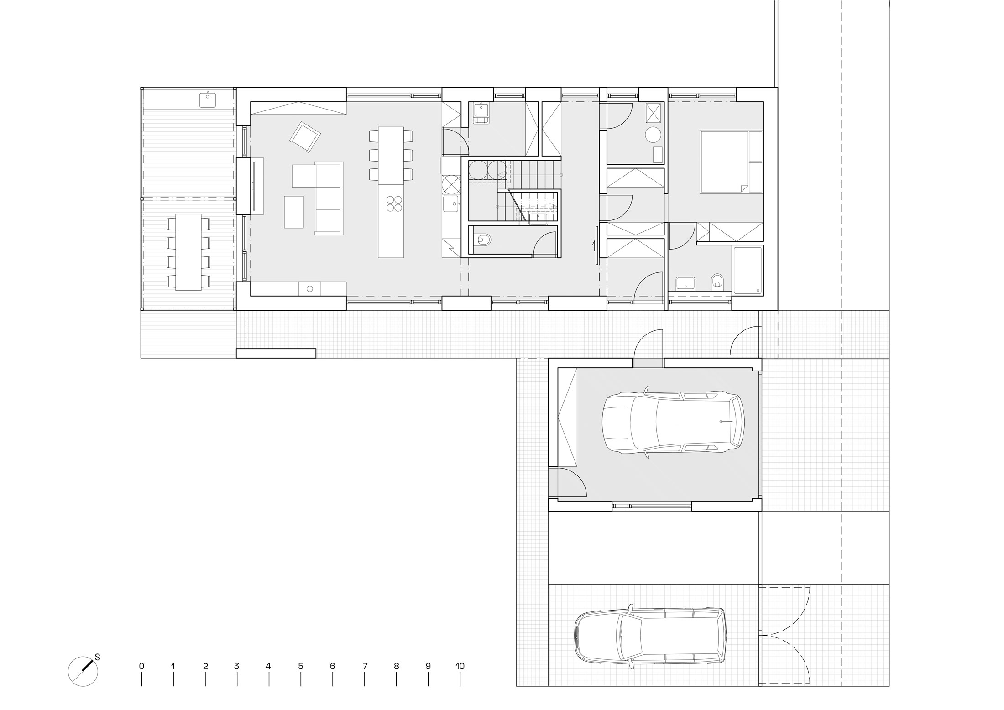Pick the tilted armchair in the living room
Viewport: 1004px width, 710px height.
[305, 137]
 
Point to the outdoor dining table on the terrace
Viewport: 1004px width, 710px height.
[188, 252]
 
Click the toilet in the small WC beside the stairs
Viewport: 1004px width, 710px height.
[482, 239]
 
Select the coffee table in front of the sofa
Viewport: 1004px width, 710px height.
[294, 212]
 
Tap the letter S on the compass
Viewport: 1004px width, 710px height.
[97, 657]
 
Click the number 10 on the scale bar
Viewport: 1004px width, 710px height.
[460, 666]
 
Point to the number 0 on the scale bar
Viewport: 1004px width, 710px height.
[141, 666]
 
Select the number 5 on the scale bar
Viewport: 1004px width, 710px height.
[301, 666]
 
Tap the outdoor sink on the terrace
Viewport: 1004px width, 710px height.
[208, 99]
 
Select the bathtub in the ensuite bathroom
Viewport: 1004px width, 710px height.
[747, 270]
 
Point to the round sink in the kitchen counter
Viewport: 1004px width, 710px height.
[310, 288]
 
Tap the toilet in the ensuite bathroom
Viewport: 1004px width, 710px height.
[718, 281]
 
